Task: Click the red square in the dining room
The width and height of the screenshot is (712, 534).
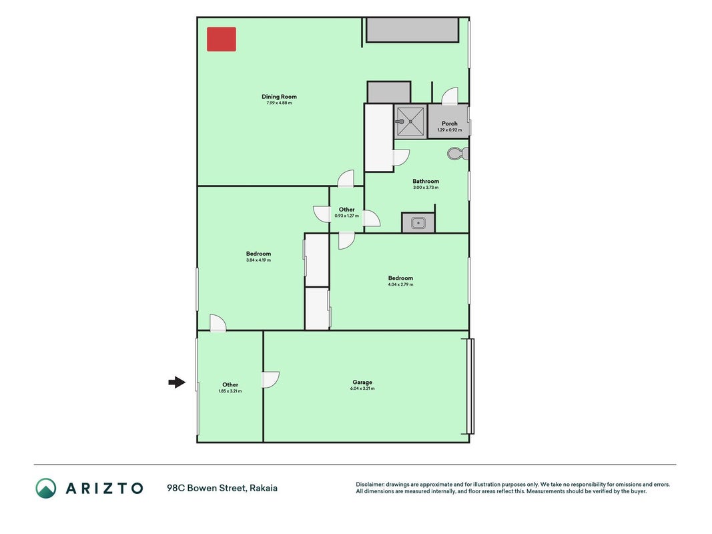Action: [x=222, y=39]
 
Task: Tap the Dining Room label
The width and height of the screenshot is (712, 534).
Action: [x=279, y=97]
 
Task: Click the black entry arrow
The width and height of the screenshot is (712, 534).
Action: [x=177, y=382]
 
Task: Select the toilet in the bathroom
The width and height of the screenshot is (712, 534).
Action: [x=458, y=154]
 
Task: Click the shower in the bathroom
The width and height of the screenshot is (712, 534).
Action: [x=410, y=121]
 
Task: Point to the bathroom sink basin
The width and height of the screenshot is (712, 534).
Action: [x=418, y=223]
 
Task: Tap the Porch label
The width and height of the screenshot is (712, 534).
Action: [x=450, y=123]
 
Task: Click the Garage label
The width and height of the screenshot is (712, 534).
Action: [x=362, y=382]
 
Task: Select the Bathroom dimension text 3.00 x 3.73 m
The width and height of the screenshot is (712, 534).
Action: [x=426, y=188]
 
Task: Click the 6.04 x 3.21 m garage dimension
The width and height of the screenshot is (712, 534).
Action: [x=362, y=388]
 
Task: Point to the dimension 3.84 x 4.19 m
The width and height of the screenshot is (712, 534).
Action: [x=258, y=260]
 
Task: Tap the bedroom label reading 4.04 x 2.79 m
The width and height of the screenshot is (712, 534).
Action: [x=400, y=285]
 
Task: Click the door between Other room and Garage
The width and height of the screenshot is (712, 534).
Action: [x=271, y=380]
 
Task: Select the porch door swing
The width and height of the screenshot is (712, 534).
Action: [x=450, y=96]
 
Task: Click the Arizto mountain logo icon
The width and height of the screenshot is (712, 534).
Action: [x=46, y=488]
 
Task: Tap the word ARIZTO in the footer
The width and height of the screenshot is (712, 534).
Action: [x=105, y=489]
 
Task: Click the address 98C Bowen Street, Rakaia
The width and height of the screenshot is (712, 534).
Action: [x=222, y=488]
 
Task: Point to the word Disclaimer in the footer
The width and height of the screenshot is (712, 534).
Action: [x=370, y=485]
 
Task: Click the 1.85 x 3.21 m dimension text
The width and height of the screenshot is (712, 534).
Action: [x=230, y=391]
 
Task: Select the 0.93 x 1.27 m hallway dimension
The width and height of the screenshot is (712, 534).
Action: [x=346, y=216]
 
